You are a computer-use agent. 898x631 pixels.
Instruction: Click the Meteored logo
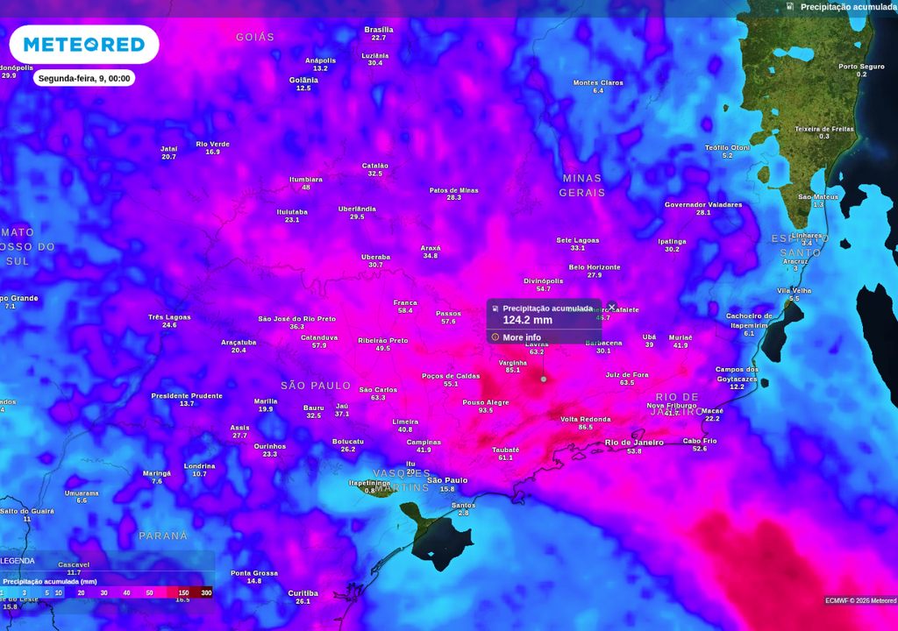tap(84, 45)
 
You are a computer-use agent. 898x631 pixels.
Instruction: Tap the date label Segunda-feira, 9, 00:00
tap(84, 78)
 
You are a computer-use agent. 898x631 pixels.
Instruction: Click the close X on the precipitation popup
tap(612, 307)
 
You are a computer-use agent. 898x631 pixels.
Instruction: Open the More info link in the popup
tap(521, 337)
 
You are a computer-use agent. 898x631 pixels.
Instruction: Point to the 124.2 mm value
tap(527, 321)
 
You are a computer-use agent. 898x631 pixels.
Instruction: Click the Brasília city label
tap(379, 30)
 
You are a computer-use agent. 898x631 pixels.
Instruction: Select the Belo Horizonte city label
tap(595, 267)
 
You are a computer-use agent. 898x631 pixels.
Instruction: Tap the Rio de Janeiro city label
tap(634, 443)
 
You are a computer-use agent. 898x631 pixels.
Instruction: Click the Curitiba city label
tap(303, 593)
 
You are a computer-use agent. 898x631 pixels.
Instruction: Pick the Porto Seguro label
tap(861, 67)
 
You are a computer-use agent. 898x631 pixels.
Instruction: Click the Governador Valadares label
tap(703, 204)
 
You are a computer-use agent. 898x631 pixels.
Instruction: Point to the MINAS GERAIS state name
tap(582, 185)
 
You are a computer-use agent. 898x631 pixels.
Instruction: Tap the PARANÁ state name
tap(163, 535)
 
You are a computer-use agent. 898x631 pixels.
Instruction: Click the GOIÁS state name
tap(255, 37)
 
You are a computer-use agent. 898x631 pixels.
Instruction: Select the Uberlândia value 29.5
tap(357, 217)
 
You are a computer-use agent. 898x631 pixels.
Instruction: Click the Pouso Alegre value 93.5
tap(486, 411)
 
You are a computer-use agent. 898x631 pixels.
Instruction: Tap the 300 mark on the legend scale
tap(206, 593)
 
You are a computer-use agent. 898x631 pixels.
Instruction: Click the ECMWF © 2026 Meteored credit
tap(859, 600)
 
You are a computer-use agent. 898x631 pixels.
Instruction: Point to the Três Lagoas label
tap(169, 316)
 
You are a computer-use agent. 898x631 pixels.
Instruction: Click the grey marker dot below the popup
tap(544, 379)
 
